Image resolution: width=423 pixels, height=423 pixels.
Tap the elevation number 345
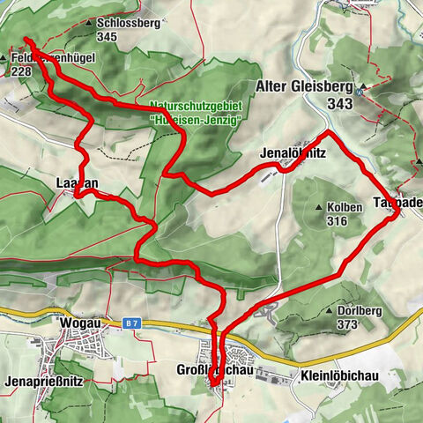click(x=108, y=37)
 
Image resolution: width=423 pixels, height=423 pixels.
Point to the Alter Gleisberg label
click(x=305, y=87)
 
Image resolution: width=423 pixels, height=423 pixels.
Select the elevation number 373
click(x=346, y=324)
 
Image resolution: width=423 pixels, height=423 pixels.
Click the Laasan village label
click(x=74, y=184)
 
